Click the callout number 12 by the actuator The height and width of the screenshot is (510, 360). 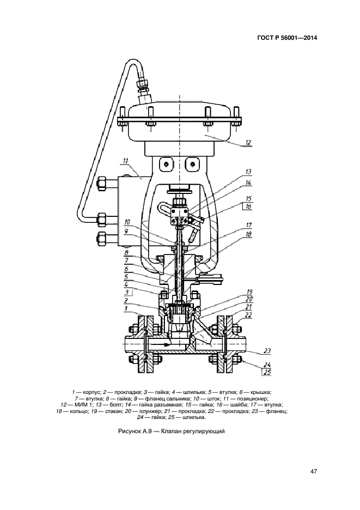click(x=248, y=143)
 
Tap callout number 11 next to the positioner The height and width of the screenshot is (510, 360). click(x=125, y=161)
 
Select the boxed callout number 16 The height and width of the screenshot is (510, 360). click(x=248, y=207)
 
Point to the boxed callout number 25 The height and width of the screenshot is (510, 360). click(x=267, y=373)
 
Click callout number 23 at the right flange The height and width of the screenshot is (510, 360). click(x=267, y=351)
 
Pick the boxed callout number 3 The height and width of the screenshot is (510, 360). click(x=127, y=292)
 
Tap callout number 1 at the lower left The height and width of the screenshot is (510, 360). click(x=126, y=308)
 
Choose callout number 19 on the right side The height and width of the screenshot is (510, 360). click(x=249, y=292)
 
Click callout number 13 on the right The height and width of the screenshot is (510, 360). click(x=248, y=172)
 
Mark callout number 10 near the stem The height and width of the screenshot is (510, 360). click(x=127, y=222)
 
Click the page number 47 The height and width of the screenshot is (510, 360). click(x=314, y=471)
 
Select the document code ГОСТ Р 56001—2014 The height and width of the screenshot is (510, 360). click(x=287, y=38)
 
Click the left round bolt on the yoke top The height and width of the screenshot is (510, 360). click(x=166, y=165)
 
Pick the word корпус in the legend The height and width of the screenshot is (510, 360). click(x=87, y=392)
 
